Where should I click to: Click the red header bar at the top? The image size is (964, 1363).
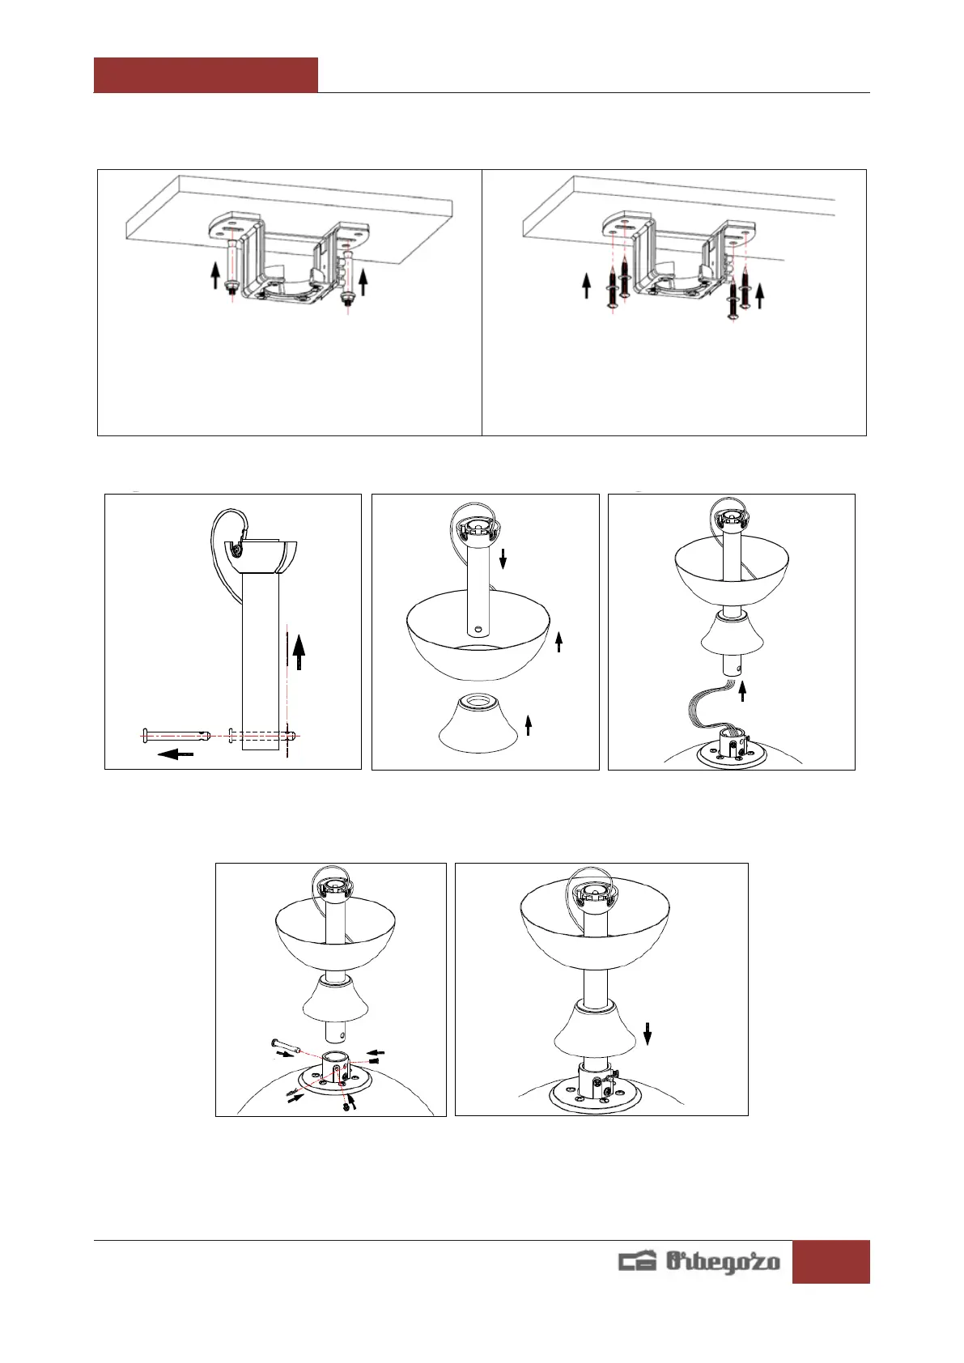(206, 74)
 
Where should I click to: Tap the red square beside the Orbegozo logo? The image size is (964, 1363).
(830, 1262)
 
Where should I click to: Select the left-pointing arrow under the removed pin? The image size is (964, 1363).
(176, 754)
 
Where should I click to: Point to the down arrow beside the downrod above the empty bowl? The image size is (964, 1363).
(503, 558)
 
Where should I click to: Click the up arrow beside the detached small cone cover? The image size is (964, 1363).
(529, 724)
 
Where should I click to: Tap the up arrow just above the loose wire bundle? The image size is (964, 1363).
(742, 691)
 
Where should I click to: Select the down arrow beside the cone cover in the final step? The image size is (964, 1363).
(648, 1034)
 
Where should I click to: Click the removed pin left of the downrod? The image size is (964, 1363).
(176, 735)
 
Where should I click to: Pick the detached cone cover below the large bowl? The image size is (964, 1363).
(478, 722)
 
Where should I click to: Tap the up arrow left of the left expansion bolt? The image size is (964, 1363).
(214, 275)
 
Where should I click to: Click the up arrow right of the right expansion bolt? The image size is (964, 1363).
(363, 282)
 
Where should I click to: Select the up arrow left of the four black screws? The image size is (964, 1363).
(586, 286)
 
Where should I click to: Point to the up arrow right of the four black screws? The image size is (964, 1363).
(759, 295)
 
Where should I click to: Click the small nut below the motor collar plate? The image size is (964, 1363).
(346, 1106)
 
